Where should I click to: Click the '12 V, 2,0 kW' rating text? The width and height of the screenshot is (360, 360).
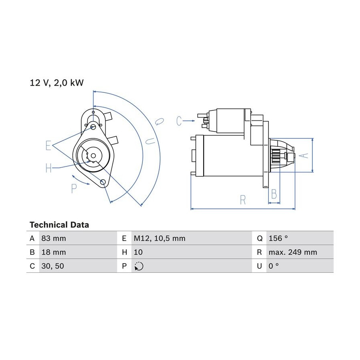pos(57,83)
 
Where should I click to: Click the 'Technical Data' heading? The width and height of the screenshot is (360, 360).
pos(59,225)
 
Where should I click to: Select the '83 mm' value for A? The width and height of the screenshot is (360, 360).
pos(54,238)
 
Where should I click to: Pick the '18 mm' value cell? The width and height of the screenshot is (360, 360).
pos(54,252)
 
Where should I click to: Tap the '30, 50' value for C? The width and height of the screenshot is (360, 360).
pos(52,266)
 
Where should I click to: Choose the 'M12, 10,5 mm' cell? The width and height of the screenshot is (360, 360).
pos(160,238)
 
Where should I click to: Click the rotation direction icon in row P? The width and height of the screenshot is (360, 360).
pos(139,266)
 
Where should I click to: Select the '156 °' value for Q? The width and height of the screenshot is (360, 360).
pos(278,238)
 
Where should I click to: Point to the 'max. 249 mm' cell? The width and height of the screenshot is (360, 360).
pos(293,252)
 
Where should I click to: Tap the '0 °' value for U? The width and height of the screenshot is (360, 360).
pos(274,266)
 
